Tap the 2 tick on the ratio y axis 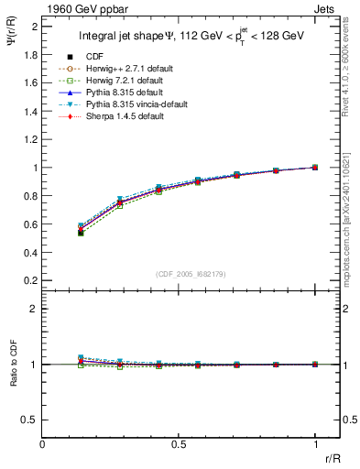(x=36, y=310)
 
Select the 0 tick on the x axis (x=43, y=444)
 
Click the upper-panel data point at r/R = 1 (x=315, y=168)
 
